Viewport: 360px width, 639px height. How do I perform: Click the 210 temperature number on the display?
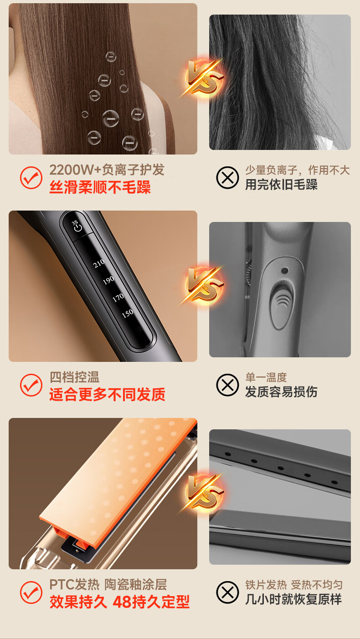point(99,263)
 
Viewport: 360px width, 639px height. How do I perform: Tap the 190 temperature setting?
point(109,280)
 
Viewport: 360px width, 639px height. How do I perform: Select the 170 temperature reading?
point(118,297)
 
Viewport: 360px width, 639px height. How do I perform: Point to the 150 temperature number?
point(128,314)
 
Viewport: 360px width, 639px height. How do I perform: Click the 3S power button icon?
point(77,226)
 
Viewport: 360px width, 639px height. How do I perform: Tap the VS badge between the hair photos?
point(203,77)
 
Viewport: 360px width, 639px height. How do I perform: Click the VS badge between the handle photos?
point(203,285)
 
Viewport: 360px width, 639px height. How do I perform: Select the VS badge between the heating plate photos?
point(203,492)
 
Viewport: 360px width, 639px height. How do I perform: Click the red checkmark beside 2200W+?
point(31,177)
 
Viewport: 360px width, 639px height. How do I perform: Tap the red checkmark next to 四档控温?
point(31,385)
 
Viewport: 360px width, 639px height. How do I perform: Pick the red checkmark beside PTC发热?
point(31,592)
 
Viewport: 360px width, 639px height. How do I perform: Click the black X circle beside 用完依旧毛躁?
point(227,177)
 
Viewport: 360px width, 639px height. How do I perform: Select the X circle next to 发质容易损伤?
point(227,385)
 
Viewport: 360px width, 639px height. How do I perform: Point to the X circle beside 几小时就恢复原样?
point(227,592)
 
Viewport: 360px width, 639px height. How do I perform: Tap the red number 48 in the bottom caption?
point(122,602)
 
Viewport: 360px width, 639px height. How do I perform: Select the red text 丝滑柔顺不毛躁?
point(100,187)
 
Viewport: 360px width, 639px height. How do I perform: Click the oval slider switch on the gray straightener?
point(282,305)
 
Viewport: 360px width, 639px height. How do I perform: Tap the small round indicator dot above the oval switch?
point(284,270)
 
